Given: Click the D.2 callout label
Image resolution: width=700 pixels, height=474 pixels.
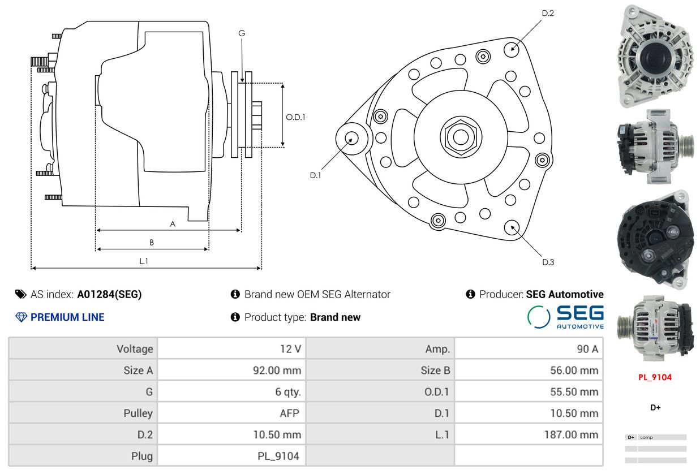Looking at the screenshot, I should [547, 13].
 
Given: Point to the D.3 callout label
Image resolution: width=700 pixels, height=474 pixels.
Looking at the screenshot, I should [548, 262].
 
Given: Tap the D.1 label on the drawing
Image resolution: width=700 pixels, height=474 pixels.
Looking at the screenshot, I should [315, 175].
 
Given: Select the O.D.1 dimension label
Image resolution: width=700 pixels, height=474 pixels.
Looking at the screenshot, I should [295, 117].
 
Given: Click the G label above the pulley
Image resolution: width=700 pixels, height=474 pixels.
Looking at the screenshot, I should [242, 33].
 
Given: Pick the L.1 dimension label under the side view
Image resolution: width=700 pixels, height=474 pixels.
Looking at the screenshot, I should [144, 261].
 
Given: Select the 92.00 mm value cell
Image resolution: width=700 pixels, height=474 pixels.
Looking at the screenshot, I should [277, 370].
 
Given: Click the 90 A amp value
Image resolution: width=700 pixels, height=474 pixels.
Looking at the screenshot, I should [587, 349].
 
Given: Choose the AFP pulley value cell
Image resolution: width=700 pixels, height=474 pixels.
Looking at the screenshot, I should [289, 413].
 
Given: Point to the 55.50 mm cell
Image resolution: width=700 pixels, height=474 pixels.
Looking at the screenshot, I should [574, 391].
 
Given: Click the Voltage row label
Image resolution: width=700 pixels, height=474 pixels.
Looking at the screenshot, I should [135, 349].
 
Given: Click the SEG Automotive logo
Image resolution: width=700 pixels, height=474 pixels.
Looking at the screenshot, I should [565, 317].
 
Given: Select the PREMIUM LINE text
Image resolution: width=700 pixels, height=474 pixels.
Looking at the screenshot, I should [67, 317].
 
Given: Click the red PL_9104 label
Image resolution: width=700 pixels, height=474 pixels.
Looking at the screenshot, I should [655, 377].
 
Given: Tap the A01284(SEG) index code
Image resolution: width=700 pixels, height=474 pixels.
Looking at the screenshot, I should [109, 294].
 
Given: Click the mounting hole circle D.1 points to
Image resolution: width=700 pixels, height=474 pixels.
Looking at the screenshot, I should [351, 138].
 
